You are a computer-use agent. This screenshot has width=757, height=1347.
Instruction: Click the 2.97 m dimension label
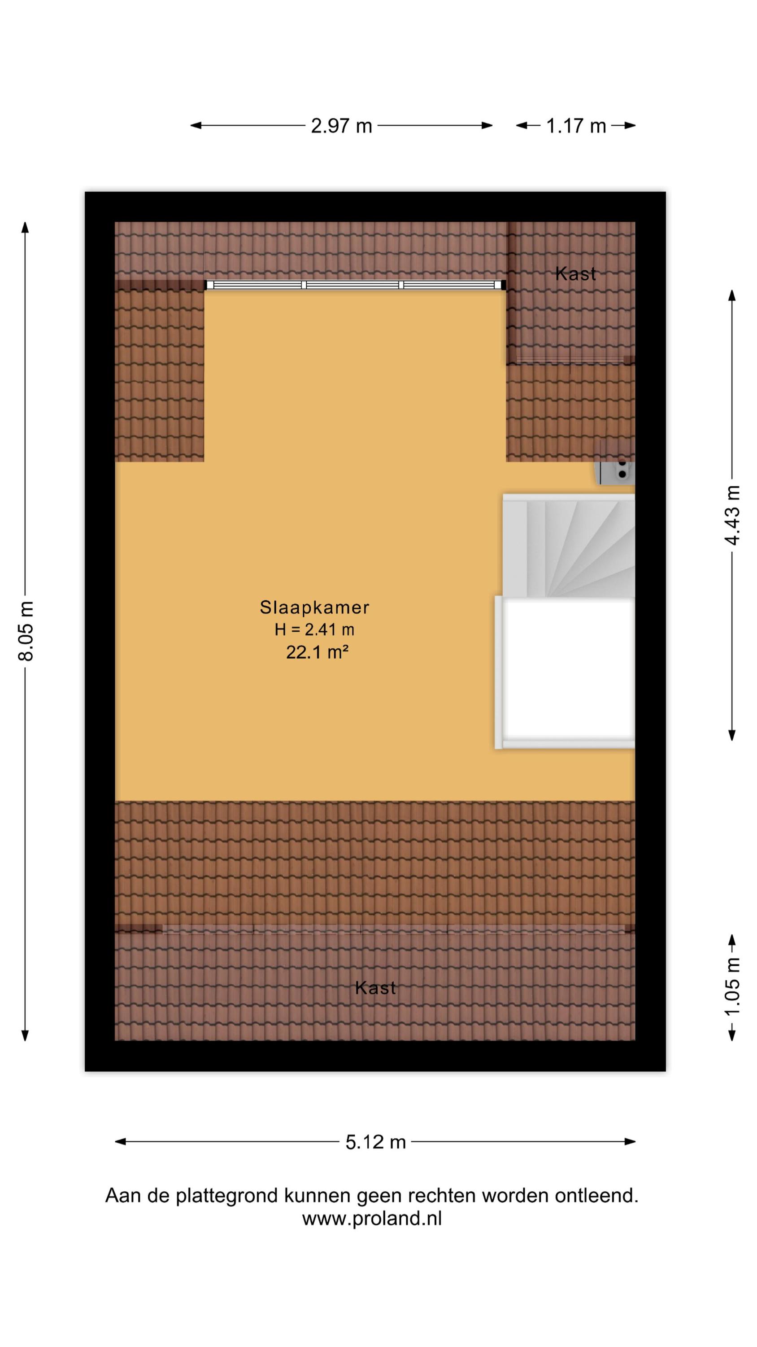coord(341,126)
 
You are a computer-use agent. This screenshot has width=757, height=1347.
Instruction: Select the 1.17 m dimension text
coord(576,126)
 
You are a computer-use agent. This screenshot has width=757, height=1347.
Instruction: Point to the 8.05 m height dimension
coord(26,631)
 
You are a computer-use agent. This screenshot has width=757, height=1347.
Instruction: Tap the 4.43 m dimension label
coord(732,515)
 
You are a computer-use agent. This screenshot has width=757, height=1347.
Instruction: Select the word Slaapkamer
coord(314,607)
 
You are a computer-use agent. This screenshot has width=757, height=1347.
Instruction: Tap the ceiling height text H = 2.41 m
coord(314,629)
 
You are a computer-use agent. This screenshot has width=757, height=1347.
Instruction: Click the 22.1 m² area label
coord(317,652)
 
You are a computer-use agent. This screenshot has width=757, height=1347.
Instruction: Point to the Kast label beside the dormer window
coord(575,273)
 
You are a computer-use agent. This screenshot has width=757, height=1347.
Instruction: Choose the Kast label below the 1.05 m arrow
coord(375,988)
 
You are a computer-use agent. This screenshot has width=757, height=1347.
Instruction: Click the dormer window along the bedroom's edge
coord(356,285)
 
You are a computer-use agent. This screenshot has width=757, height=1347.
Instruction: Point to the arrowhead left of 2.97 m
coord(196,126)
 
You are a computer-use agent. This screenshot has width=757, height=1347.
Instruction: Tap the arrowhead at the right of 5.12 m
coord(630,1141)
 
